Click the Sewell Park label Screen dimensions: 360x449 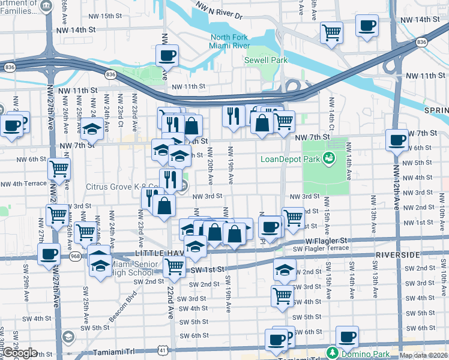point(265,60)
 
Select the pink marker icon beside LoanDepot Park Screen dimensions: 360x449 point(328,158)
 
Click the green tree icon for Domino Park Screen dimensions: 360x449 point(331,351)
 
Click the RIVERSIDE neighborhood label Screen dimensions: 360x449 point(396,255)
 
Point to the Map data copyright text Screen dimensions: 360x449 point(423,355)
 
